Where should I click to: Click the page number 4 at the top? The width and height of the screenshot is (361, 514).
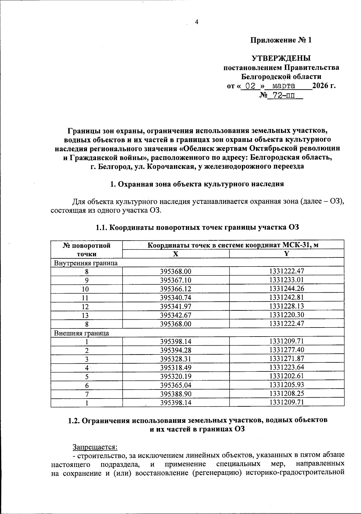tap(197, 22)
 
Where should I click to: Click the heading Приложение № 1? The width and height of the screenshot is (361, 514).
tap(281, 40)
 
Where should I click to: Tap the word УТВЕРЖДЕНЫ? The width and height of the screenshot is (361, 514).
tap(281, 58)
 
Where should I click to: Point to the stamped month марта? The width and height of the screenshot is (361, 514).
tap(283, 86)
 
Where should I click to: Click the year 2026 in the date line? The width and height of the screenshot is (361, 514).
tap(321, 86)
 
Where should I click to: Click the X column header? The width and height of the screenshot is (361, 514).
tap(175, 254)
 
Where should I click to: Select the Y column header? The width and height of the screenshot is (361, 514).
tap(286, 254)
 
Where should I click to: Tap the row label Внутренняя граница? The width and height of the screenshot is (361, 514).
tap(85, 263)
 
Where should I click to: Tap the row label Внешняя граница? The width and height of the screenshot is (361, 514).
tap(81, 333)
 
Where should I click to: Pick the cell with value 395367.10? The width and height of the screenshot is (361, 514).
tap(176, 280)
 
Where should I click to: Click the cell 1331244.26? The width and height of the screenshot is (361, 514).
tap(287, 289)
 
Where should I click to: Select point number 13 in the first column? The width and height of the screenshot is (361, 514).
tap(86, 315)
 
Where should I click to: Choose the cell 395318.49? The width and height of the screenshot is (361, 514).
tap(176, 368)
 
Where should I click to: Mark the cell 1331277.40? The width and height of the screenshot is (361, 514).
tap(287, 350)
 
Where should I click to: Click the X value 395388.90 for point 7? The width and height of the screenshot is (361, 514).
tap(176, 394)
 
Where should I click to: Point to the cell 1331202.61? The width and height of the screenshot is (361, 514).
tap(287, 376)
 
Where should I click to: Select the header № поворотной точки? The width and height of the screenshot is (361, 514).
tap(86, 249)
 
